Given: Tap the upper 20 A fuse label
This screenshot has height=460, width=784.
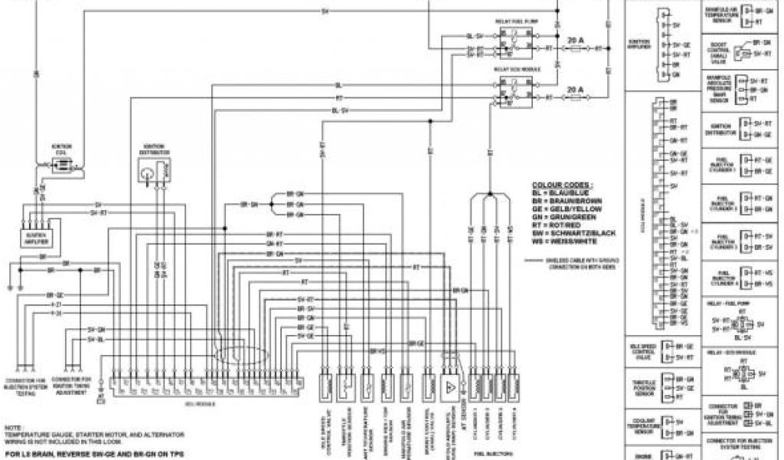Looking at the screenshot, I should tap(574, 38).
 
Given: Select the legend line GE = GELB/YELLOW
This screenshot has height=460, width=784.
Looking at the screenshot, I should tap(567, 208).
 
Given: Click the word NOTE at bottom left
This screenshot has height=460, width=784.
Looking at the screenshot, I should tap(14, 427).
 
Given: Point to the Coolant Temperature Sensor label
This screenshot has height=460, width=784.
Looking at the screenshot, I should tap(641, 425).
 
